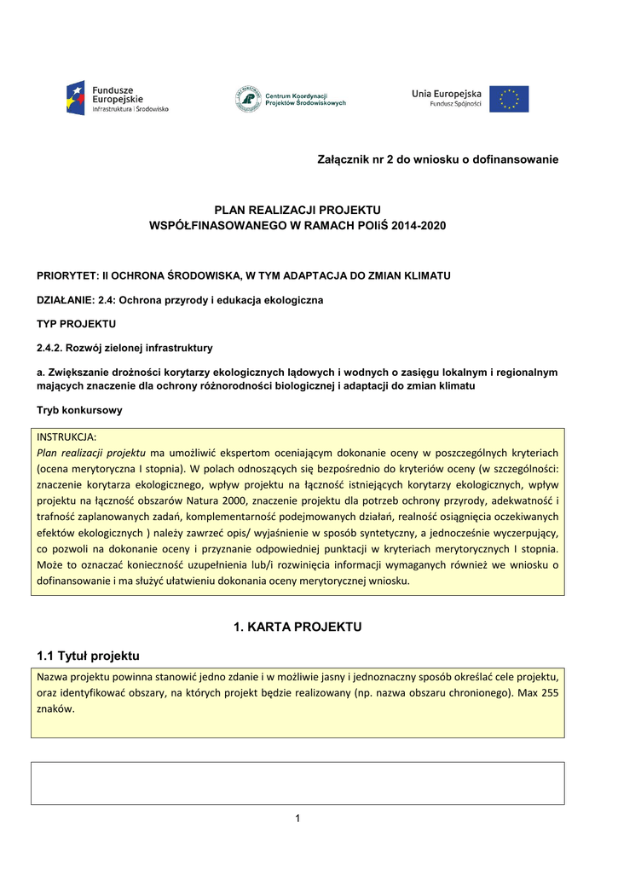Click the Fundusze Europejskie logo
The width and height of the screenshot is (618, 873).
(117, 99)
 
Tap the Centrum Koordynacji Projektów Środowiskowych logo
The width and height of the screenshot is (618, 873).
(291, 99)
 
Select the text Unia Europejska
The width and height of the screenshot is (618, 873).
(447, 93)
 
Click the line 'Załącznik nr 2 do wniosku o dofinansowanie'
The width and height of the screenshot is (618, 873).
(437, 159)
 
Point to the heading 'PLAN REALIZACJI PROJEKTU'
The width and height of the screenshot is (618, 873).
(297, 210)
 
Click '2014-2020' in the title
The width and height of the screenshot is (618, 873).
(418, 225)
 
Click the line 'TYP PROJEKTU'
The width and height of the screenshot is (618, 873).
(76, 324)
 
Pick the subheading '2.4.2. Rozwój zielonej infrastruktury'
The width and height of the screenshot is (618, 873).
(124, 348)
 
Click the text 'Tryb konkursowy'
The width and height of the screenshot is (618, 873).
(79, 410)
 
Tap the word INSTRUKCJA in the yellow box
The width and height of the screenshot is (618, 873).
(66, 436)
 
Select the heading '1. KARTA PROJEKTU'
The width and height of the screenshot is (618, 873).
(297, 627)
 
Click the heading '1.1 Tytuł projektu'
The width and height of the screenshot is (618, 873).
(88, 656)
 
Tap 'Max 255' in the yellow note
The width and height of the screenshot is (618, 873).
(539, 693)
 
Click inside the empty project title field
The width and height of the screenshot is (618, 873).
(297, 783)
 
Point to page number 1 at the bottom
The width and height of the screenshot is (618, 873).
(297, 819)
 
